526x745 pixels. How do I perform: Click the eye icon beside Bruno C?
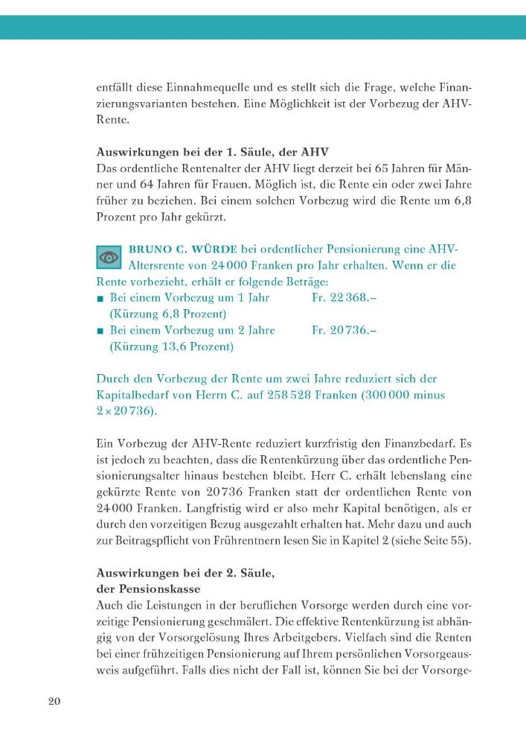[109, 258]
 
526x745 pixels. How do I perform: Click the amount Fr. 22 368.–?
[341, 298]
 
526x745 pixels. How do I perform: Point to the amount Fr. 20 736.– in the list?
[341, 330]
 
